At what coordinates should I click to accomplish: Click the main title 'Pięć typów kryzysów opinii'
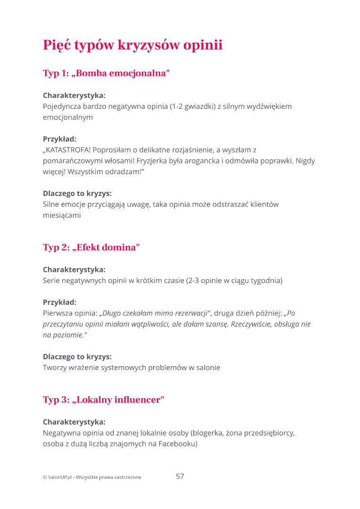click(132, 46)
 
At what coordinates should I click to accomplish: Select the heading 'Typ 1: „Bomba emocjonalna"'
click(106, 73)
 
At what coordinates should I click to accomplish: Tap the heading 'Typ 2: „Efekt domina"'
click(91, 247)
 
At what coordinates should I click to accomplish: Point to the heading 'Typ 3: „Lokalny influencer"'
click(104, 400)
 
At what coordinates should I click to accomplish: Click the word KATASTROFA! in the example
click(67, 150)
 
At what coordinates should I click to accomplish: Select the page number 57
click(180, 476)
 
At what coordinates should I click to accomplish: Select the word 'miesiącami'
click(62, 215)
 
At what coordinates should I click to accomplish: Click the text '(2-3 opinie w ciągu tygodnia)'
click(234, 280)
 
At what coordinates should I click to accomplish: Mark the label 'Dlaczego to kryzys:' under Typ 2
click(77, 357)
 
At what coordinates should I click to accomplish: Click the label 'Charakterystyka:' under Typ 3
click(74, 422)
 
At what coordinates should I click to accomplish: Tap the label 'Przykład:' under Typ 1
click(59, 139)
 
